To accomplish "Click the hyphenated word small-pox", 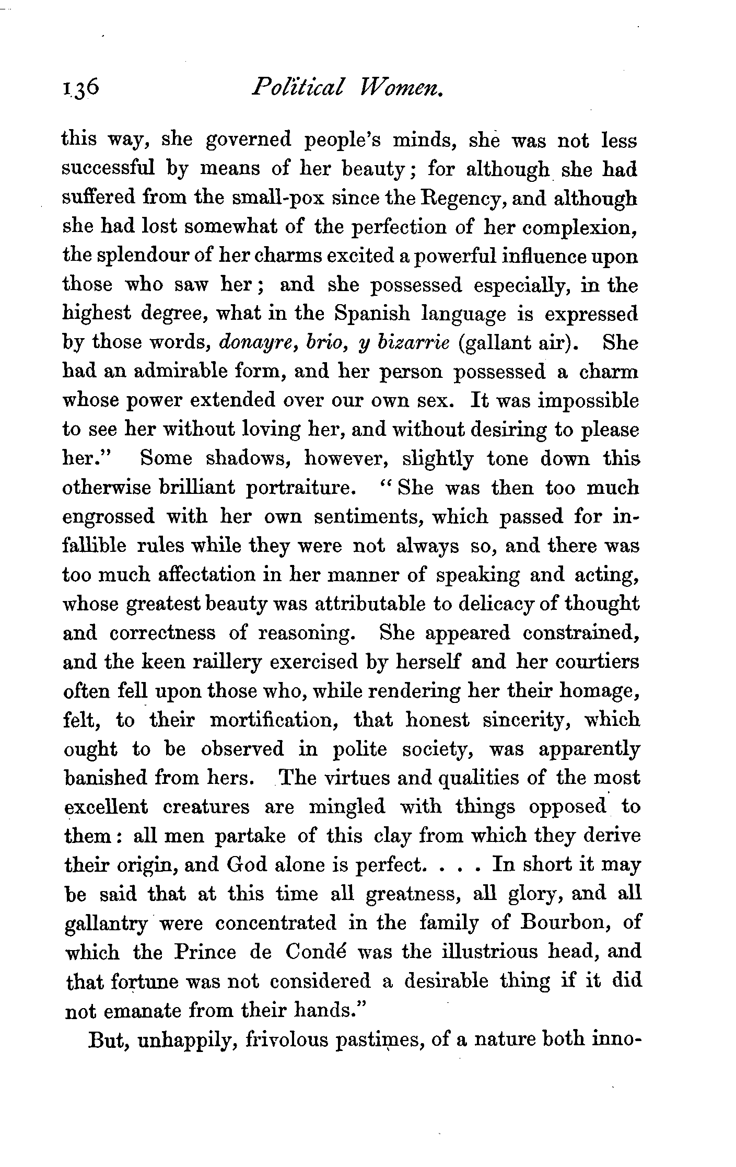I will click(x=278, y=198).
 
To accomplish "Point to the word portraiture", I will click(x=297, y=488).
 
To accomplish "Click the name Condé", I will click(x=313, y=951).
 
